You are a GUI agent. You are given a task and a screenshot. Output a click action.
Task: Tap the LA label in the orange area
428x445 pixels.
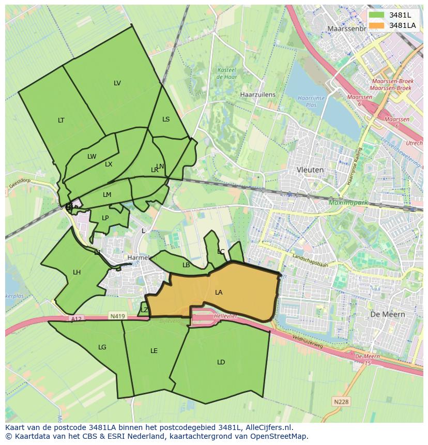pyautogui.click(x=219, y=293)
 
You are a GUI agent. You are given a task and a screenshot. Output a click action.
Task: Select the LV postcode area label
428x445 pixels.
pyautogui.click(x=117, y=83)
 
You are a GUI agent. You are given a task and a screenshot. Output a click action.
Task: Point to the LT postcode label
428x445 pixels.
pyautogui.click(x=61, y=120)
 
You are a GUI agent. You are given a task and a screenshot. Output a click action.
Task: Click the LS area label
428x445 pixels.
pyautogui.click(x=166, y=119)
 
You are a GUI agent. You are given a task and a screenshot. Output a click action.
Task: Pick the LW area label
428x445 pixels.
pyautogui.click(x=91, y=157)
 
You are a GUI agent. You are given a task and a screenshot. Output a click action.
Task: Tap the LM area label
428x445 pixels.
pyautogui.click(x=107, y=195)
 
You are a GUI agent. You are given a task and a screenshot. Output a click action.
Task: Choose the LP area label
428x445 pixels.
pyautogui.click(x=105, y=218)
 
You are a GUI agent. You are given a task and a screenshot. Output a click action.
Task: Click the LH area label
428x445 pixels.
pyautogui.click(x=77, y=272)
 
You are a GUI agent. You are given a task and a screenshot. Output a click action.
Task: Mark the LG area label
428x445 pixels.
pyautogui.click(x=102, y=347)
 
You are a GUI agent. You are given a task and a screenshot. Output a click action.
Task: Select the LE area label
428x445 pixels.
pyautogui.click(x=154, y=351)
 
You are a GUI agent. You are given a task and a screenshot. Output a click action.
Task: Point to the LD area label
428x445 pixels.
pyautogui.click(x=221, y=362)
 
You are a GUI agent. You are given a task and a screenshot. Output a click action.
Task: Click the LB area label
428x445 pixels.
pyautogui.click(x=186, y=265)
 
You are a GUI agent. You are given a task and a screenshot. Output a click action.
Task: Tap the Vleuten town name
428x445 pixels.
pyautogui.click(x=310, y=170)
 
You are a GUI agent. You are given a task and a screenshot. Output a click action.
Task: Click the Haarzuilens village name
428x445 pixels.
pyautogui.click(x=258, y=95)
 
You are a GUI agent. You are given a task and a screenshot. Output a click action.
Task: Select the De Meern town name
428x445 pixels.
pyautogui.click(x=387, y=314)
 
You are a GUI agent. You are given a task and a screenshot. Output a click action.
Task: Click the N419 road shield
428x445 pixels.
pyautogui.click(x=117, y=316)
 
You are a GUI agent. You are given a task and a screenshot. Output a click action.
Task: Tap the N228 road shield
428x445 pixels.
pyautogui.click(x=341, y=402)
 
